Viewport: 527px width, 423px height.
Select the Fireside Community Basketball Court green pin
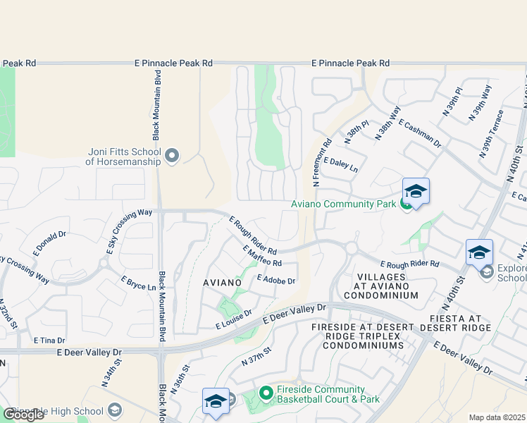pyautogui.click(x=266, y=393)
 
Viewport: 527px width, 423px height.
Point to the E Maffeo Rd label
pyautogui.click(x=261, y=257)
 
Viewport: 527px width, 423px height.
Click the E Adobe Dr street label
pyautogui.click(x=276, y=281)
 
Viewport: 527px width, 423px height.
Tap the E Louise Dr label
pyautogui.click(x=234, y=319)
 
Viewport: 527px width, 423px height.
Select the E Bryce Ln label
pyautogui.click(x=138, y=283)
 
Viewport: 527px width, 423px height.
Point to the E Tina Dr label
pyautogui.click(x=49, y=340)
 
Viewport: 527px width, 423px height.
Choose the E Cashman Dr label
pyautogui.click(x=419, y=133)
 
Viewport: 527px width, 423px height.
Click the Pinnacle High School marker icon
pyautogui.click(x=116, y=411)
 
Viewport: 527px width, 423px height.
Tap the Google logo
pyautogui.click(x=23, y=415)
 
